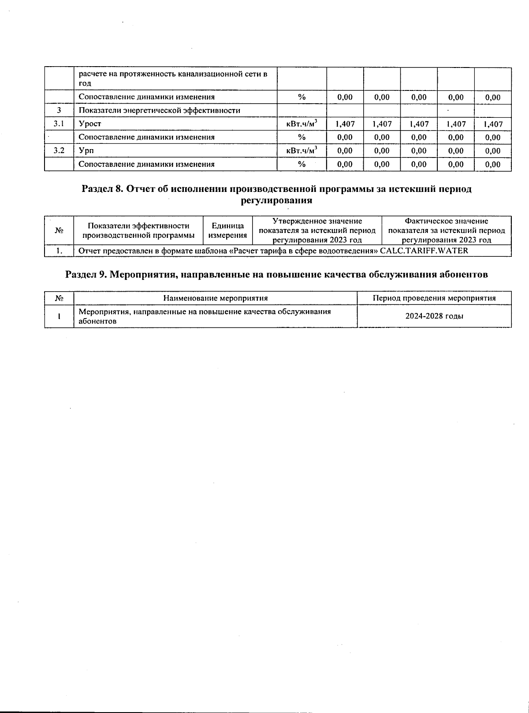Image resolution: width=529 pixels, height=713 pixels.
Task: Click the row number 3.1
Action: [x=59, y=124]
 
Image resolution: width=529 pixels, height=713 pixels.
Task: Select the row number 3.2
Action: [x=59, y=151]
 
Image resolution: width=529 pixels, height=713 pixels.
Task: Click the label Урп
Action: [x=86, y=151]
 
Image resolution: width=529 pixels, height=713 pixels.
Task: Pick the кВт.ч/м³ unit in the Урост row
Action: [x=302, y=124]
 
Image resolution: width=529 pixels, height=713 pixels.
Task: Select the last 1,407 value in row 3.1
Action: [x=493, y=124]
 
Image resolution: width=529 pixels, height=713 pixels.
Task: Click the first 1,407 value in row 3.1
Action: [x=345, y=124]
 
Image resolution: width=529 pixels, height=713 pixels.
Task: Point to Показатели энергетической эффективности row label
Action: [x=159, y=110]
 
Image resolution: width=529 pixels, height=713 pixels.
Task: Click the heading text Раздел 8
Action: [x=102, y=189]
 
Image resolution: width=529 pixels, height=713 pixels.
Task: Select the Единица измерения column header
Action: [x=227, y=230]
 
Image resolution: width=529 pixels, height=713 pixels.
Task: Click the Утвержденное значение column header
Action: [x=317, y=230]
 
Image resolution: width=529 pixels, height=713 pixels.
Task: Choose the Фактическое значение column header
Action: [x=446, y=230]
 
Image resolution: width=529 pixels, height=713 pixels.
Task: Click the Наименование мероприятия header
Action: [x=215, y=298]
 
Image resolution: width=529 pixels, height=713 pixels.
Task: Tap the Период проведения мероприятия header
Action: [x=434, y=298]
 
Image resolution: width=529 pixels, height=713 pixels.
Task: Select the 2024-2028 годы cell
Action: [x=434, y=316]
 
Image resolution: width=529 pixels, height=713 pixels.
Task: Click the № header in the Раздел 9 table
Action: [x=59, y=298]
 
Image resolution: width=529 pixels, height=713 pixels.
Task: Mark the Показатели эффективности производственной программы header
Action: [x=138, y=230]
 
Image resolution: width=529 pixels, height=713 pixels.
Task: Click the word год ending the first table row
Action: [x=85, y=83]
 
